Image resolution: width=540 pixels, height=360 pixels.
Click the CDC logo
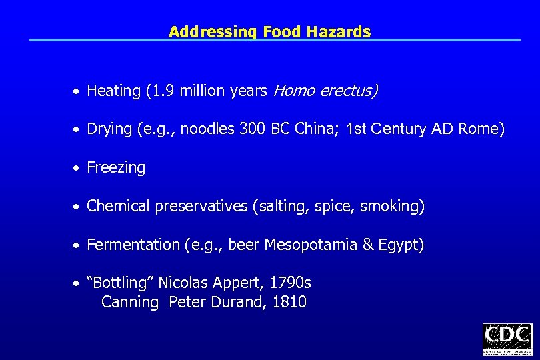[x=507, y=339]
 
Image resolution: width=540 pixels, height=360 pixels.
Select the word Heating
[x=113, y=91]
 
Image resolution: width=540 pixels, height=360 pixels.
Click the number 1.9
[x=160, y=91]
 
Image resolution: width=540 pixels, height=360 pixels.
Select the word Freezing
[x=116, y=168]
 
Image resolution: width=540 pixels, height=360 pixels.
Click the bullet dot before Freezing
[x=78, y=169]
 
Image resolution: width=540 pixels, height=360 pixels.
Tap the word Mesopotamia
[x=311, y=245]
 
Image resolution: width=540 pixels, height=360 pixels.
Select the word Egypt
[x=400, y=245]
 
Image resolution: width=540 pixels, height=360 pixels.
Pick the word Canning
[x=130, y=302]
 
